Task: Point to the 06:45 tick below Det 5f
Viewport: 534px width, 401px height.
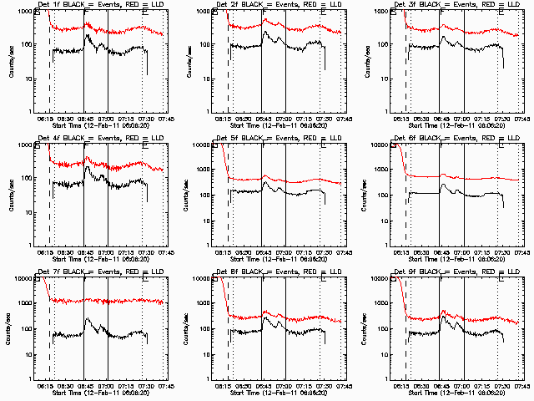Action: pyautogui.click(x=264, y=252)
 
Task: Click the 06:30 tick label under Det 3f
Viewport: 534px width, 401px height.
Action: pyautogui.click(x=419, y=119)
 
